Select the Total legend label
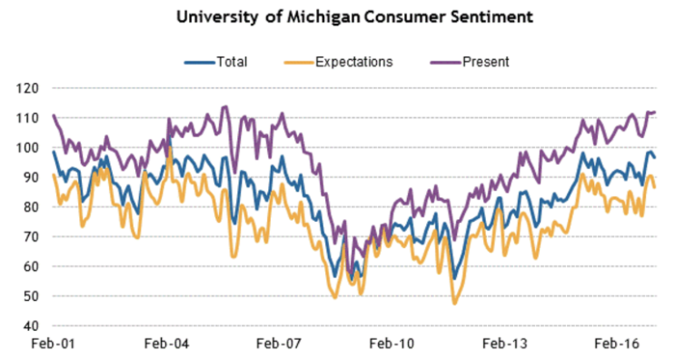tap(232, 62)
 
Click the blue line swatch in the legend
tap(198, 62)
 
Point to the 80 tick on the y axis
tap(31, 207)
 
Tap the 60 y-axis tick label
tap(31, 266)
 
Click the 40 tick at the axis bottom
tap(31, 325)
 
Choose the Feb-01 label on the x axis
tap(52, 345)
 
